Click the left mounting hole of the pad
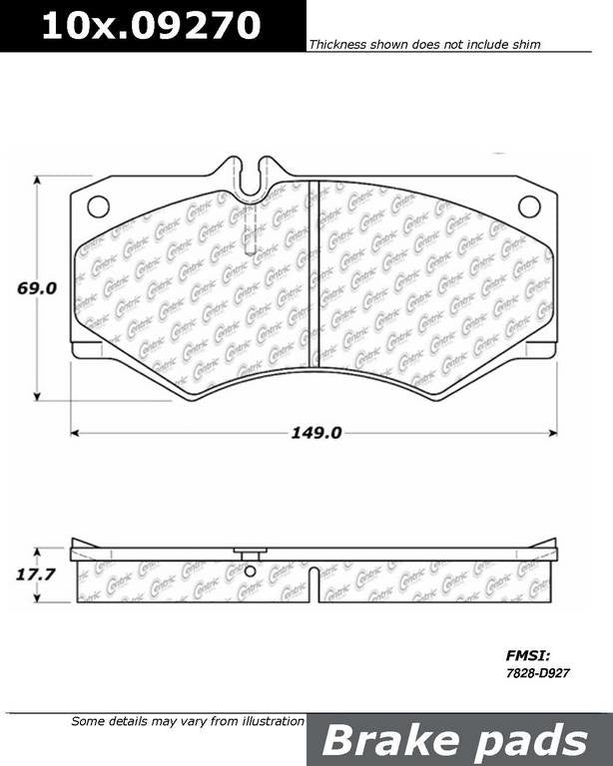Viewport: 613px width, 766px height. [x=98, y=206]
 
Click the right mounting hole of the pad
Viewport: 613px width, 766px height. [x=528, y=206]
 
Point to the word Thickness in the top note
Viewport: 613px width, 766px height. [x=336, y=45]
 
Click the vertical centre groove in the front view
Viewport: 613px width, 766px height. [x=312, y=273]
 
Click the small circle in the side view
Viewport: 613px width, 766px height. [x=250, y=572]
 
